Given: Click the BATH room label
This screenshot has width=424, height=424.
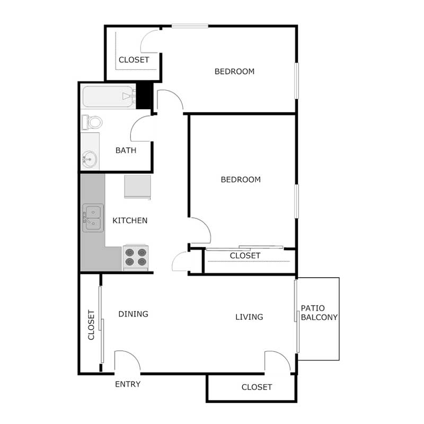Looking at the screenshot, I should click(x=126, y=150).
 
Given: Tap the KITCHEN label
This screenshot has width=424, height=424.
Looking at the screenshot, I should click(x=130, y=220).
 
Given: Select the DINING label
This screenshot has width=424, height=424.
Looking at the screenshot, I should click(x=133, y=314).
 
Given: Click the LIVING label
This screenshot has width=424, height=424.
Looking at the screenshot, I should click(x=249, y=317).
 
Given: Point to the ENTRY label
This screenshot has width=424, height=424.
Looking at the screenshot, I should click(x=128, y=384).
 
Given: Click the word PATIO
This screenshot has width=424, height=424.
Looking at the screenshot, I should click(x=313, y=308).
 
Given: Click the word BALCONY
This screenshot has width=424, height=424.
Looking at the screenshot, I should click(x=319, y=317).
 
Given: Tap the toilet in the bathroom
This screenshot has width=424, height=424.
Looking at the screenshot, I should click(x=93, y=122).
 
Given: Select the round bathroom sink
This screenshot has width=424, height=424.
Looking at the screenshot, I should click(x=90, y=158).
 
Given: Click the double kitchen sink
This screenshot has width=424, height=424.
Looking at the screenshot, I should click(x=92, y=219).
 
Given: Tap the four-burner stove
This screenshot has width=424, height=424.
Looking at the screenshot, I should click(x=135, y=257).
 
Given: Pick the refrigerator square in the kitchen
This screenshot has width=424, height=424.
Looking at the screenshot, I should click(x=138, y=187).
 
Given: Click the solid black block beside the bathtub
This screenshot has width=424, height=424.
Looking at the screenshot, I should click(x=144, y=95).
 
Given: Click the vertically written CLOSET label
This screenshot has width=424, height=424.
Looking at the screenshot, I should click(x=91, y=325).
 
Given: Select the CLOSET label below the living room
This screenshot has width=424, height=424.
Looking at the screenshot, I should click(x=257, y=387).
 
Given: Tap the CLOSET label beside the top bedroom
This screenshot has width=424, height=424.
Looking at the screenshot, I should click(x=134, y=60).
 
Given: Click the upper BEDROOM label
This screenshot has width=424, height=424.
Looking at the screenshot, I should click(x=234, y=71).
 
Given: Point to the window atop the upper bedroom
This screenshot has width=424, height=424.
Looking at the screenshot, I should click(x=189, y=25).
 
